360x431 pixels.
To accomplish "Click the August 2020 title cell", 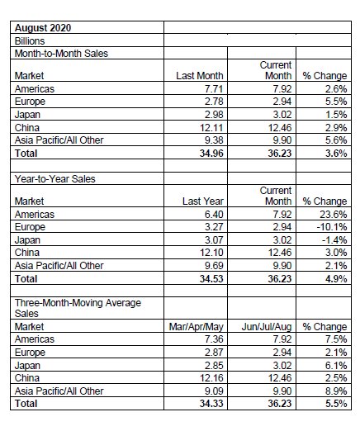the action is pyautogui.click(x=43, y=28).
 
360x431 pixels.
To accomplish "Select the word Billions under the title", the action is pyautogui.click(x=30, y=41).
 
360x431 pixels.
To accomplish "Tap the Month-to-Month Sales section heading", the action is pyautogui.click(x=61, y=54).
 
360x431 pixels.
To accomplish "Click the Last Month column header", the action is pyautogui.click(x=200, y=76).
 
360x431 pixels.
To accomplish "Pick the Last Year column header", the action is pyautogui.click(x=203, y=201).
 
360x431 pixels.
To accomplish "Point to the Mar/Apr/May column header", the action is pyautogui.click(x=196, y=327).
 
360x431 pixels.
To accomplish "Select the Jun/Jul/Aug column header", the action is pyautogui.click(x=267, y=327).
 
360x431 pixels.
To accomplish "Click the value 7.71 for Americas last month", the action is pyautogui.click(x=214, y=89).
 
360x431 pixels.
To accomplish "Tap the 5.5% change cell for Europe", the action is pyautogui.click(x=336, y=102).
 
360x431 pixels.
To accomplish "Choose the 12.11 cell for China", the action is pyautogui.click(x=211, y=128).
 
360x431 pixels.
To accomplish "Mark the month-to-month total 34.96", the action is pyautogui.click(x=211, y=154).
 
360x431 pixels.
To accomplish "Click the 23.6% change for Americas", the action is pyautogui.click(x=334, y=215).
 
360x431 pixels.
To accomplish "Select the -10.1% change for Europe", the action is pyautogui.click(x=332, y=227).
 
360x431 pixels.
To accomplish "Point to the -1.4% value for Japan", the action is pyautogui.click(x=334, y=240).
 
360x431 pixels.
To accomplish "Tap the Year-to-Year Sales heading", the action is pyautogui.click(x=55, y=179).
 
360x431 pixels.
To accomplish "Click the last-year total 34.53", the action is pyautogui.click(x=211, y=279).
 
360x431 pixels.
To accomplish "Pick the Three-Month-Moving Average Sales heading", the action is pyautogui.click(x=78, y=308).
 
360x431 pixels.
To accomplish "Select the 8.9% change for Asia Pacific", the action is pyautogui.click(x=336, y=391).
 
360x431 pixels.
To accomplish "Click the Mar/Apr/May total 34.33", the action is pyautogui.click(x=211, y=404).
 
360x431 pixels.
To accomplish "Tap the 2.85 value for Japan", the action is pyautogui.click(x=214, y=366).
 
